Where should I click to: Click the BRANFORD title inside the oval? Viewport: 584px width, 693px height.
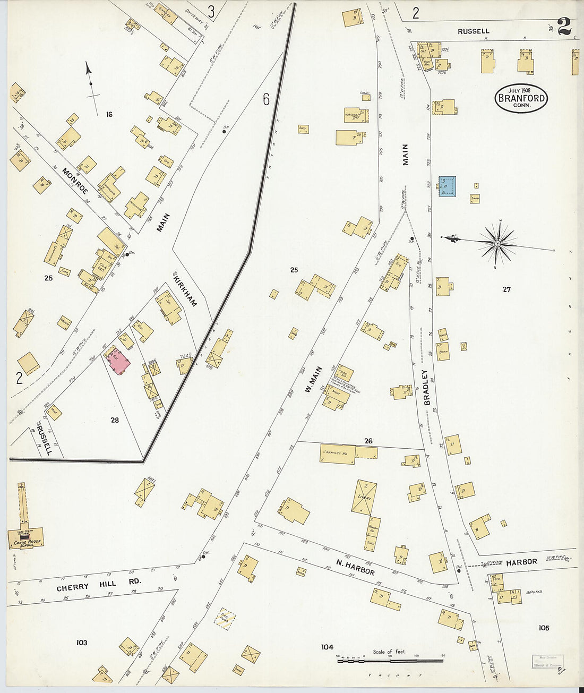coord(521,98)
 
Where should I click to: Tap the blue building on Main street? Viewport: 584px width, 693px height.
coord(447,186)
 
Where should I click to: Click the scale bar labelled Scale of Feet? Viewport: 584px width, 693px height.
coord(390,661)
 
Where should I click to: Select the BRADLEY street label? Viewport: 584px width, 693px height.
coord(425,388)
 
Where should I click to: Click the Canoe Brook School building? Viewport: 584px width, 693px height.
coord(25,537)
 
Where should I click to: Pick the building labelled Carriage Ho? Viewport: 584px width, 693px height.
coord(338,455)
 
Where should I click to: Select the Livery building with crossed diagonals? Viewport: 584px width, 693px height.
coord(364,497)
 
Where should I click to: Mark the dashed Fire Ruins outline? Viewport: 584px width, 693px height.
coord(225,619)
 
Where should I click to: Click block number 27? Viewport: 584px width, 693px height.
coord(506,289)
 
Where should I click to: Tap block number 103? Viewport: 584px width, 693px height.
coord(81,643)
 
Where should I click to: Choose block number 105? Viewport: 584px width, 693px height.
coord(544,628)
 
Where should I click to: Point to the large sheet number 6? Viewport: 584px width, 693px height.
coord(266,99)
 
